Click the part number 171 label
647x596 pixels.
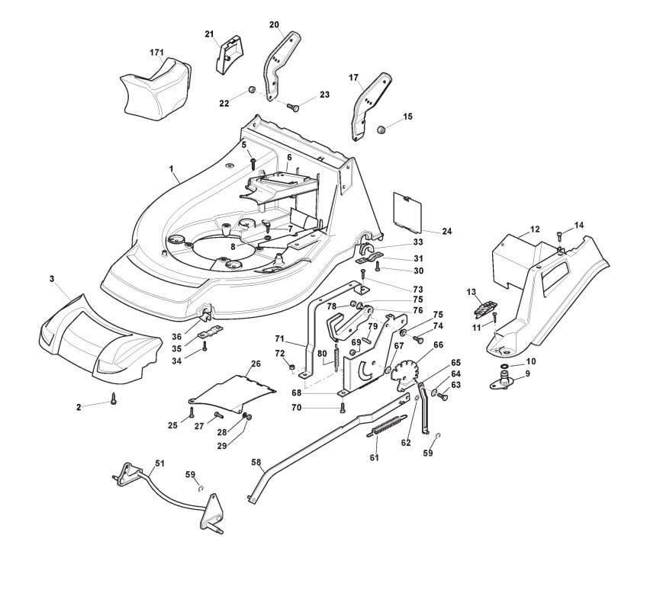click(x=156, y=51)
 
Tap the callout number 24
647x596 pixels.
click(x=447, y=231)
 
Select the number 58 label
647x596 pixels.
click(x=256, y=462)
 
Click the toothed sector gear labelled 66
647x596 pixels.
click(x=408, y=369)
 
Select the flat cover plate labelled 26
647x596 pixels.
click(x=233, y=390)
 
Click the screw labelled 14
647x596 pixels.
click(x=559, y=235)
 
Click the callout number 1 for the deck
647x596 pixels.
click(x=172, y=167)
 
